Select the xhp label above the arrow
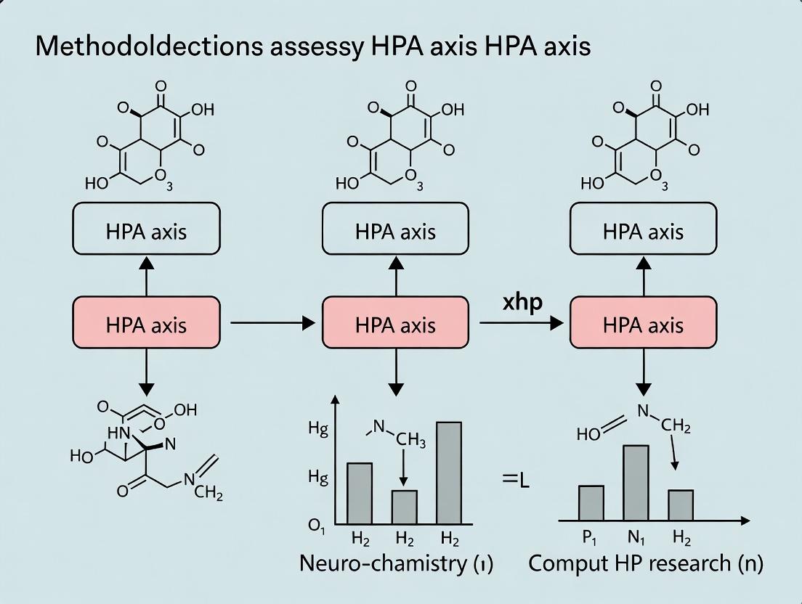click(522, 302)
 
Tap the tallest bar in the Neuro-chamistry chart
click(449, 473)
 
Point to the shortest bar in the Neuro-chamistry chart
click(405, 507)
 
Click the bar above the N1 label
click(636, 483)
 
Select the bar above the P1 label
click(591, 502)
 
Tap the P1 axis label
click(588, 539)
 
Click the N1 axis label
click(634, 539)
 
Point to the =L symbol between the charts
click(517, 479)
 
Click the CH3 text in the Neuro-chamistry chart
click(413, 440)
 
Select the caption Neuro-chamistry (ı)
click(396, 564)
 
